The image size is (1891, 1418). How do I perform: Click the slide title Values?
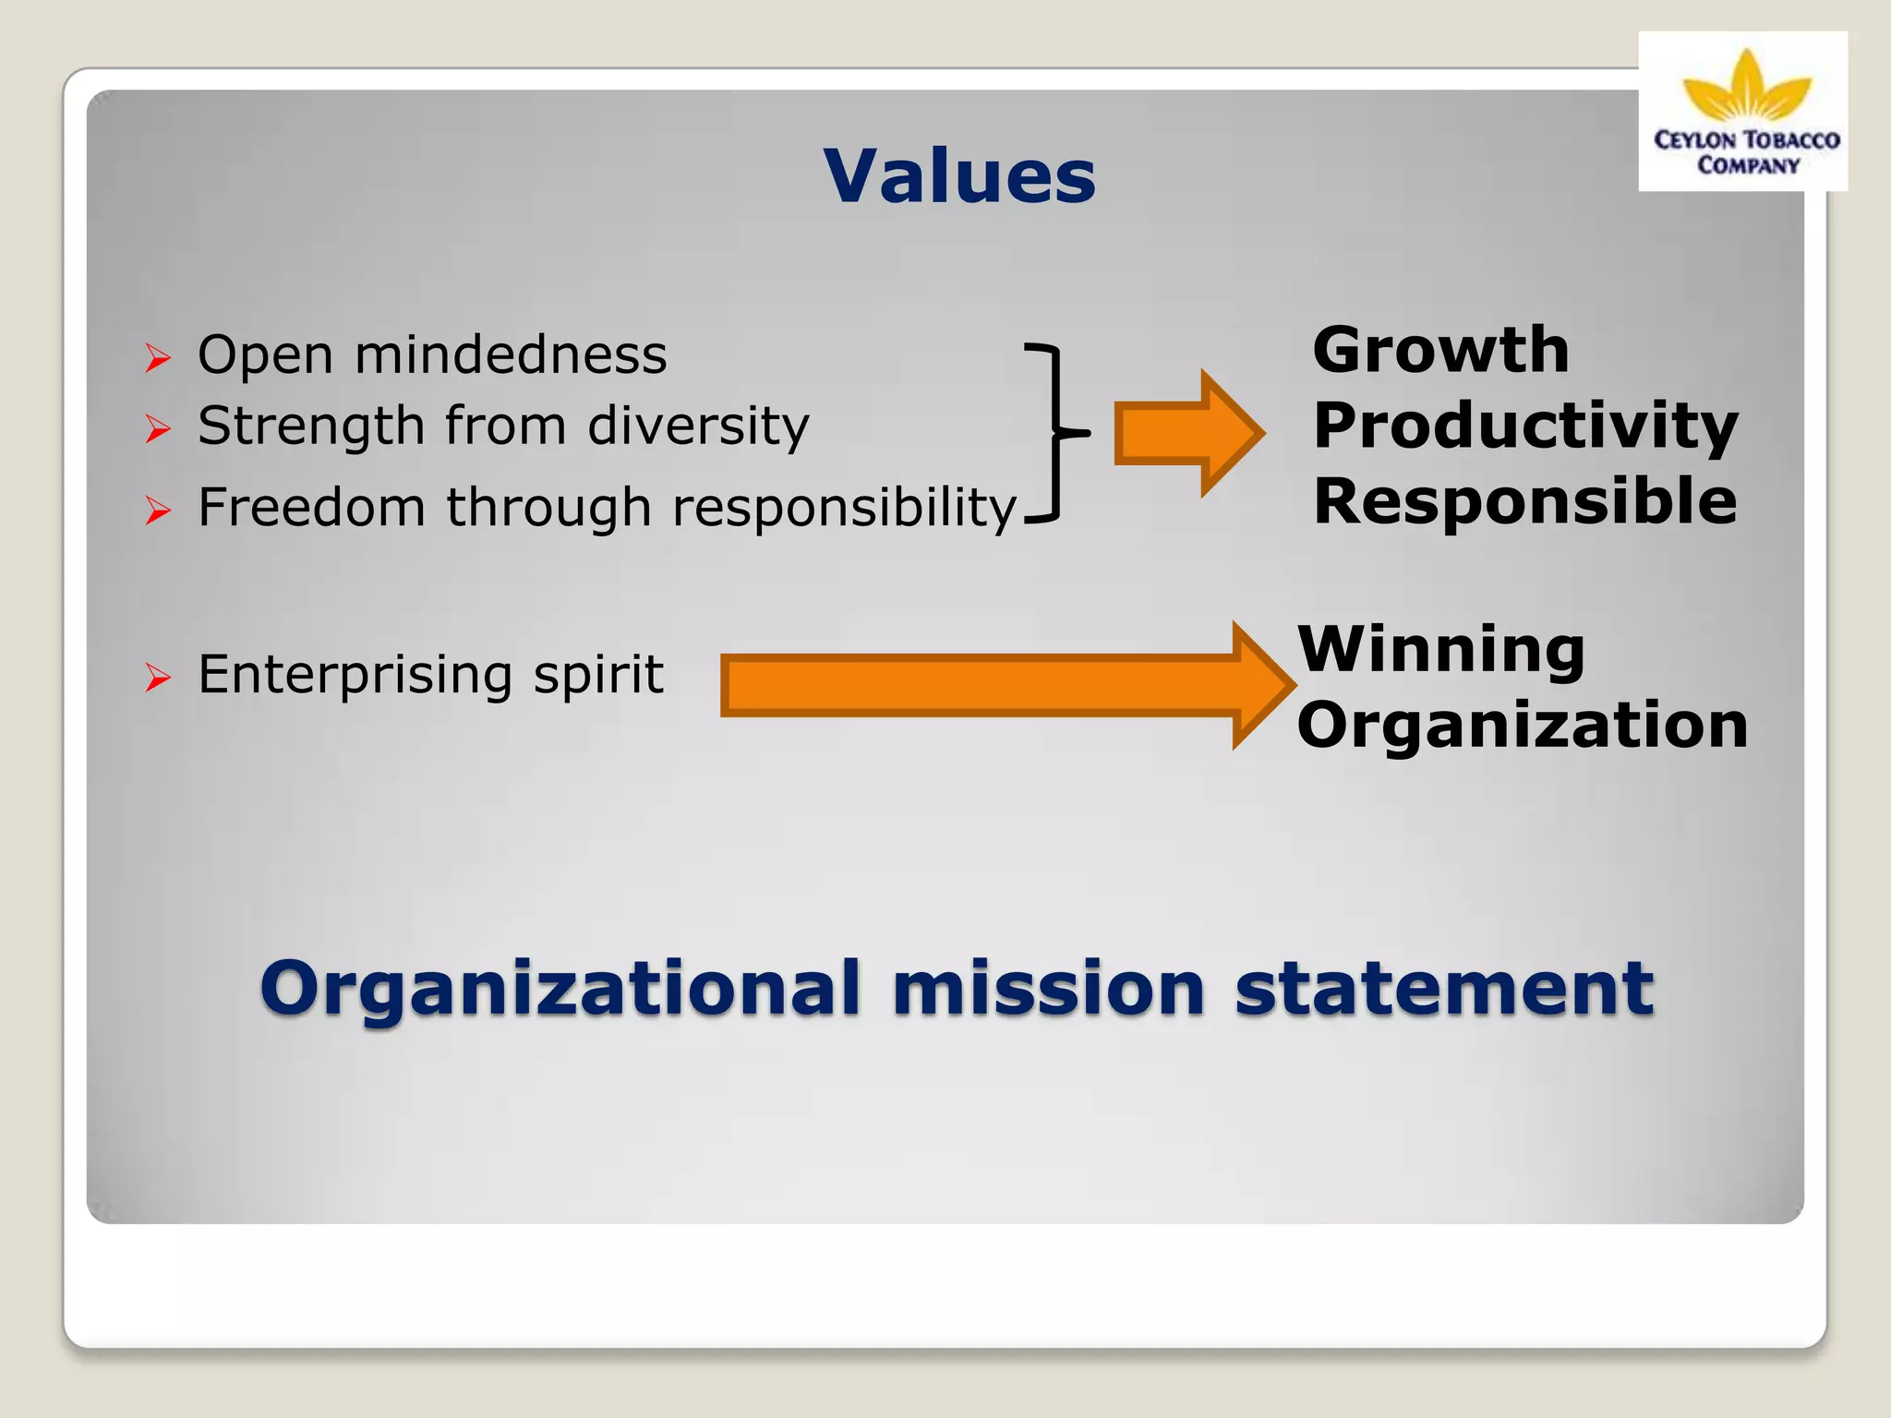[959, 176]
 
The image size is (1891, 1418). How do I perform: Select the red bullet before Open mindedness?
[158, 358]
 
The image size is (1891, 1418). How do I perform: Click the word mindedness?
[511, 355]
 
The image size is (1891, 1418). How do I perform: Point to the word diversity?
[698, 427]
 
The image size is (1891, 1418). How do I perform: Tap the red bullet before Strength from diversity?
[158, 429]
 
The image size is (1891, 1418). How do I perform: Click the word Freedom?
[312, 508]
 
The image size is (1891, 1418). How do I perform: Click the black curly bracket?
[1053, 432]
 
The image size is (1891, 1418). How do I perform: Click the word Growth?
[1440, 351]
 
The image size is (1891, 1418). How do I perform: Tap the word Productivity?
[1525, 427]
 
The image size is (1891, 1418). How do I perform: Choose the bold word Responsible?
[1524, 502]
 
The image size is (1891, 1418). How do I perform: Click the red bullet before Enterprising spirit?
[158, 679]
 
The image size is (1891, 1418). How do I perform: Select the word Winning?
[1441, 650]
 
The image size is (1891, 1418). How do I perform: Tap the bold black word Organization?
[1522, 726]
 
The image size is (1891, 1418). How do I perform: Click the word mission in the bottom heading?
[1048, 989]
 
